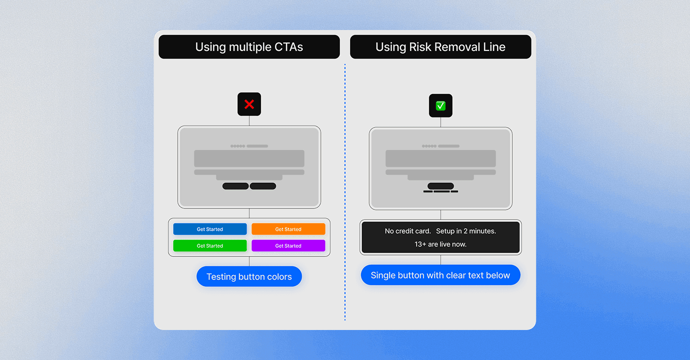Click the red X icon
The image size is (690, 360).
[x=249, y=104]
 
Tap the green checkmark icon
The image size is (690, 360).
[x=440, y=105]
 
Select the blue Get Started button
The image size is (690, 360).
[x=210, y=229]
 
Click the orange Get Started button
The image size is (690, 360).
[x=288, y=229]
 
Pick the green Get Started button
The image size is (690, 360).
[x=210, y=245]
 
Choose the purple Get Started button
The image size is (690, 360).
[x=288, y=245]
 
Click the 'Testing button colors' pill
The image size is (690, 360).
[x=249, y=276]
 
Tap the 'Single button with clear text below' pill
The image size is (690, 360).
[x=440, y=275]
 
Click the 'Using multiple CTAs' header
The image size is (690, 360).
[x=249, y=47]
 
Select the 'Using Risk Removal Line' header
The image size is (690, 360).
[x=440, y=47]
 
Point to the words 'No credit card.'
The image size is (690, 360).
[x=407, y=231]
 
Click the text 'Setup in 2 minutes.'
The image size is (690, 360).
[x=466, y=231]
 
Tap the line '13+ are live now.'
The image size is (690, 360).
[x=440, y=244]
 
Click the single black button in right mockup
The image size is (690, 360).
[x=440, y=186]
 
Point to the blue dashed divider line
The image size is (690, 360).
[x=345, y=190]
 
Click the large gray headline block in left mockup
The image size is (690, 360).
[x=249, y=158]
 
